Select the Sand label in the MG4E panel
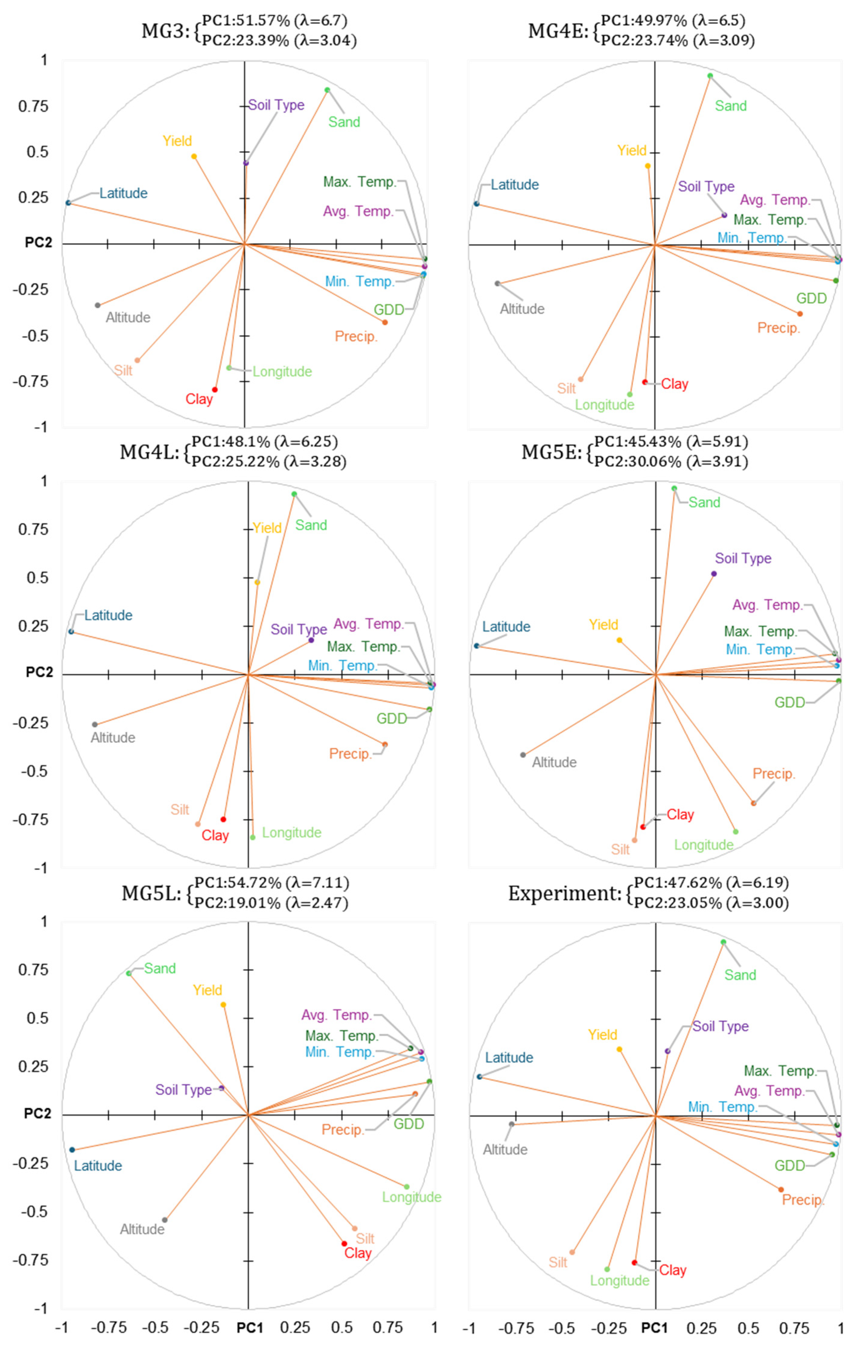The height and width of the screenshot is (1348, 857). pyautogui.click(x=730, y=106)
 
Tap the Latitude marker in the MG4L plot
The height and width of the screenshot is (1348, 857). pyautogui.click(x=71, y=631)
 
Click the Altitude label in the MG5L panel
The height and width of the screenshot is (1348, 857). pyautogui.click(x=142, y=1229)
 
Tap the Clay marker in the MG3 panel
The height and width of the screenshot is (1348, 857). pyautogui.click(x=215, y=390)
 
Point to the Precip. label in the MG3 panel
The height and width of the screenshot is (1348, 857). pyautogui.click(x=356, y=337)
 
